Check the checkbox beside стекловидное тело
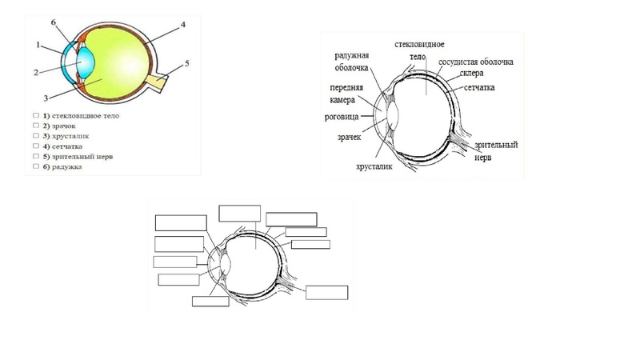[x=36, y=115]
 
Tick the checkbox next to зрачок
[x=36, y=126]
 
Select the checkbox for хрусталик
[x=36, y=136]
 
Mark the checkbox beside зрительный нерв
[x=36, y=156]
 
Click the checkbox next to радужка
[x=36, y=166]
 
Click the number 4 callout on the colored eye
[x=183, y=25]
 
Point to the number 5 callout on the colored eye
[x=187, y=64]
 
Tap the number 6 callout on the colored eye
[x=54, y=22]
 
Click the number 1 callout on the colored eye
[x=38, y=45]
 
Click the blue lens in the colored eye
[x=86, y=62]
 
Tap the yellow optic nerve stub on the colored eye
[x=157, y=83]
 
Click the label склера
[x=471, y=74]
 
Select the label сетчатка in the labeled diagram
[x=479, y=87]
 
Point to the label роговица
[x=342, y=117]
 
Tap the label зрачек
[x=350, y=137]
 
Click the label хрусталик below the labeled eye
[x=374, y=166]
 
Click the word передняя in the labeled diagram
[x=346, y=88]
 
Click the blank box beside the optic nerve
[x=327, y=293]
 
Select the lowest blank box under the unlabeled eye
[x=210, y=302]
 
